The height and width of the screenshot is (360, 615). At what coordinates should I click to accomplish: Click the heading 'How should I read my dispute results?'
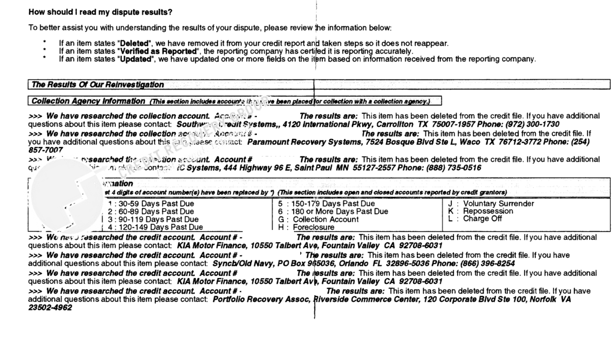(100, 12)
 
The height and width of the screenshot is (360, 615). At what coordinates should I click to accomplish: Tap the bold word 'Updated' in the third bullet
(136, 59)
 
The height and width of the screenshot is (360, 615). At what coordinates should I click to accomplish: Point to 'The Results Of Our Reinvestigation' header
(98, 85)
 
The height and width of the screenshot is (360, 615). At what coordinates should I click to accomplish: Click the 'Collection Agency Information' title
(88, 101)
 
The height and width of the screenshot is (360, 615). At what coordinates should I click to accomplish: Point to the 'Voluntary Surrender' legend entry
(499, 204)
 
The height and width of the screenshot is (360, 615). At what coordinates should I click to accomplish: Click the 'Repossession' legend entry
(488, 211)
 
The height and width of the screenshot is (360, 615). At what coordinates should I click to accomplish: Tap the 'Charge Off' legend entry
(482, 219)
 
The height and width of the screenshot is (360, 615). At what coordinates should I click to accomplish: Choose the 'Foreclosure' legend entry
(313, 227)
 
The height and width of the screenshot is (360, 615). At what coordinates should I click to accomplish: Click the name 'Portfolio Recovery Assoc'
(261, 299)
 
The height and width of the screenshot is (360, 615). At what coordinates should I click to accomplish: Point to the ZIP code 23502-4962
(50, 308)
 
